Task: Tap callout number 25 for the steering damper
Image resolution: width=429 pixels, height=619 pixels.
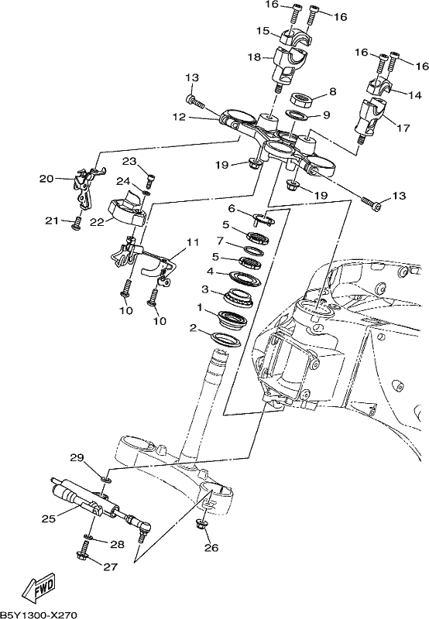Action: tap(49, 518)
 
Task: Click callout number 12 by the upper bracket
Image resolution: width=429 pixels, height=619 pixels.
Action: tap(179, 117)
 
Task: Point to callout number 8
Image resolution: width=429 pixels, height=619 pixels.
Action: tap(333, 92)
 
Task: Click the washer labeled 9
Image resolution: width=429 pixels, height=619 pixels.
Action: tap(297, 115)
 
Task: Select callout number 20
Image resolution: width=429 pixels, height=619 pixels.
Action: tap(46, 179)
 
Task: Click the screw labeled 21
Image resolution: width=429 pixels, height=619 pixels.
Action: tap(77, 224)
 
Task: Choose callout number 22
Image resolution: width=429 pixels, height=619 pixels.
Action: tap(96, 222)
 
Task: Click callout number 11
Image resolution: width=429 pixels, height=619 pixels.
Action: tap(192, 241)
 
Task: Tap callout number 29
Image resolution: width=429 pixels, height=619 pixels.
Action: tap(77, 458)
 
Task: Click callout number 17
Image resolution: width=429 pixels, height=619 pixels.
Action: tap(403, 128)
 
